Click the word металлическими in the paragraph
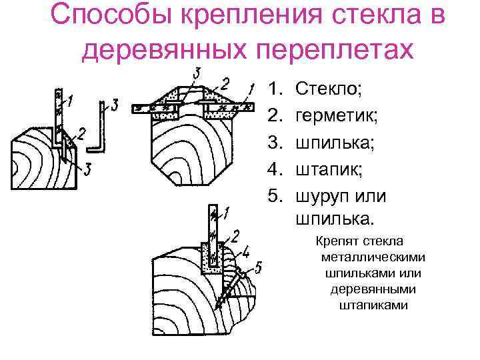coord(371,258)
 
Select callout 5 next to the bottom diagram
coord(259,268)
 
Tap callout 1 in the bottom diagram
coord(227,213)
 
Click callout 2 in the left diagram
coord(81,134)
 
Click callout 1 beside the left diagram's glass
coord(71,101)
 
